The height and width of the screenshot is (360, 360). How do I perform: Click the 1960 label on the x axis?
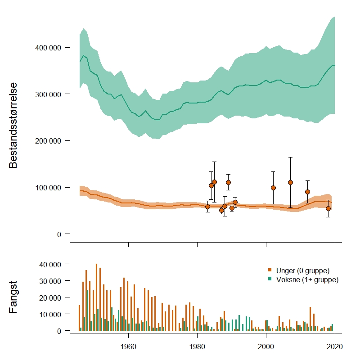pos(129,347)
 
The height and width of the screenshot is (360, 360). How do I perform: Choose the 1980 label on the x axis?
pos(197,347)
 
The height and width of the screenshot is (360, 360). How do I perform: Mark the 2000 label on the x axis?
pos(266,347)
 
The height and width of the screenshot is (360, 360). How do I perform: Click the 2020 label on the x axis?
pos(335,347)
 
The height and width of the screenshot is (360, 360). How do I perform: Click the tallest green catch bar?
pos(87,310)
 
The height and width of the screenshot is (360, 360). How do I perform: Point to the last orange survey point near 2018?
pos(328,208)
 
